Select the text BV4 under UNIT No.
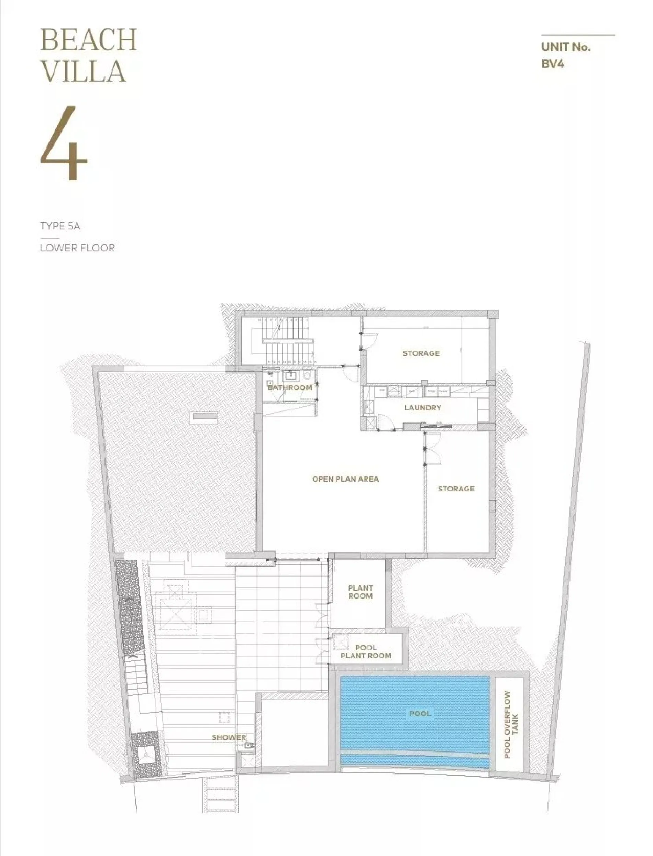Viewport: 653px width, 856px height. click(x=552, y=64)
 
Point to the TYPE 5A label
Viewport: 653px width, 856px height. click(x=60, y=226)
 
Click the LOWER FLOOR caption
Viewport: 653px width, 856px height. click(x=77, y=248)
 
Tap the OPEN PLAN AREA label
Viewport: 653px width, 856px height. click(x=345, y=479)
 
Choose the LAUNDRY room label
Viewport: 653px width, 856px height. click(x=422, y=408)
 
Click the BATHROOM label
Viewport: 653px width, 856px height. click(x=290, y=387)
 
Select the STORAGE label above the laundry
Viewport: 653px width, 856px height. click(x=421, y=353)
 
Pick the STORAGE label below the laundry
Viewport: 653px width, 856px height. click(x=456, y=489)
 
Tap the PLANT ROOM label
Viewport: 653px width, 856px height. click(x=360, y=592)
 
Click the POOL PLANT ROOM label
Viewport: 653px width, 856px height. click(x=366, y=651)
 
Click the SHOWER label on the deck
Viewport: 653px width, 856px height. click(x=229, y=737)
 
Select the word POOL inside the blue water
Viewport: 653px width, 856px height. click(x=420, y=713)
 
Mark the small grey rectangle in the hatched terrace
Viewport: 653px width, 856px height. click(x=205, y=416)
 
